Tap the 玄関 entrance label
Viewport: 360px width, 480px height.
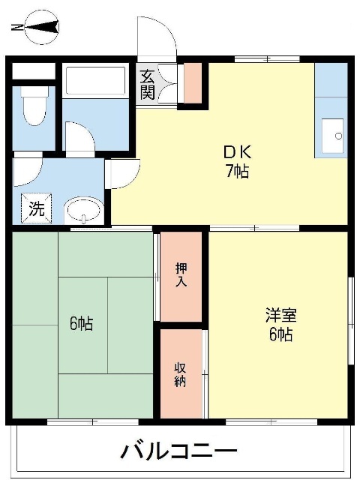click(x=147, y=84)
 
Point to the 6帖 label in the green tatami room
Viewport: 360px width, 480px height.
click(x=82, y=324)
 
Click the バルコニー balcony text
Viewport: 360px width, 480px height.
click(x=179, y=452)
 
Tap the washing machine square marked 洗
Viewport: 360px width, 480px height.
click(x=35, y=210)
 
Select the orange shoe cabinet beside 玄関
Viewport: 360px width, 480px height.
click(x=193, y=84)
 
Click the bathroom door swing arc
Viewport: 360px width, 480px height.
click(x=78, y=139)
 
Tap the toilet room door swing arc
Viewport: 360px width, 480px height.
click(x=28, y=169)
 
